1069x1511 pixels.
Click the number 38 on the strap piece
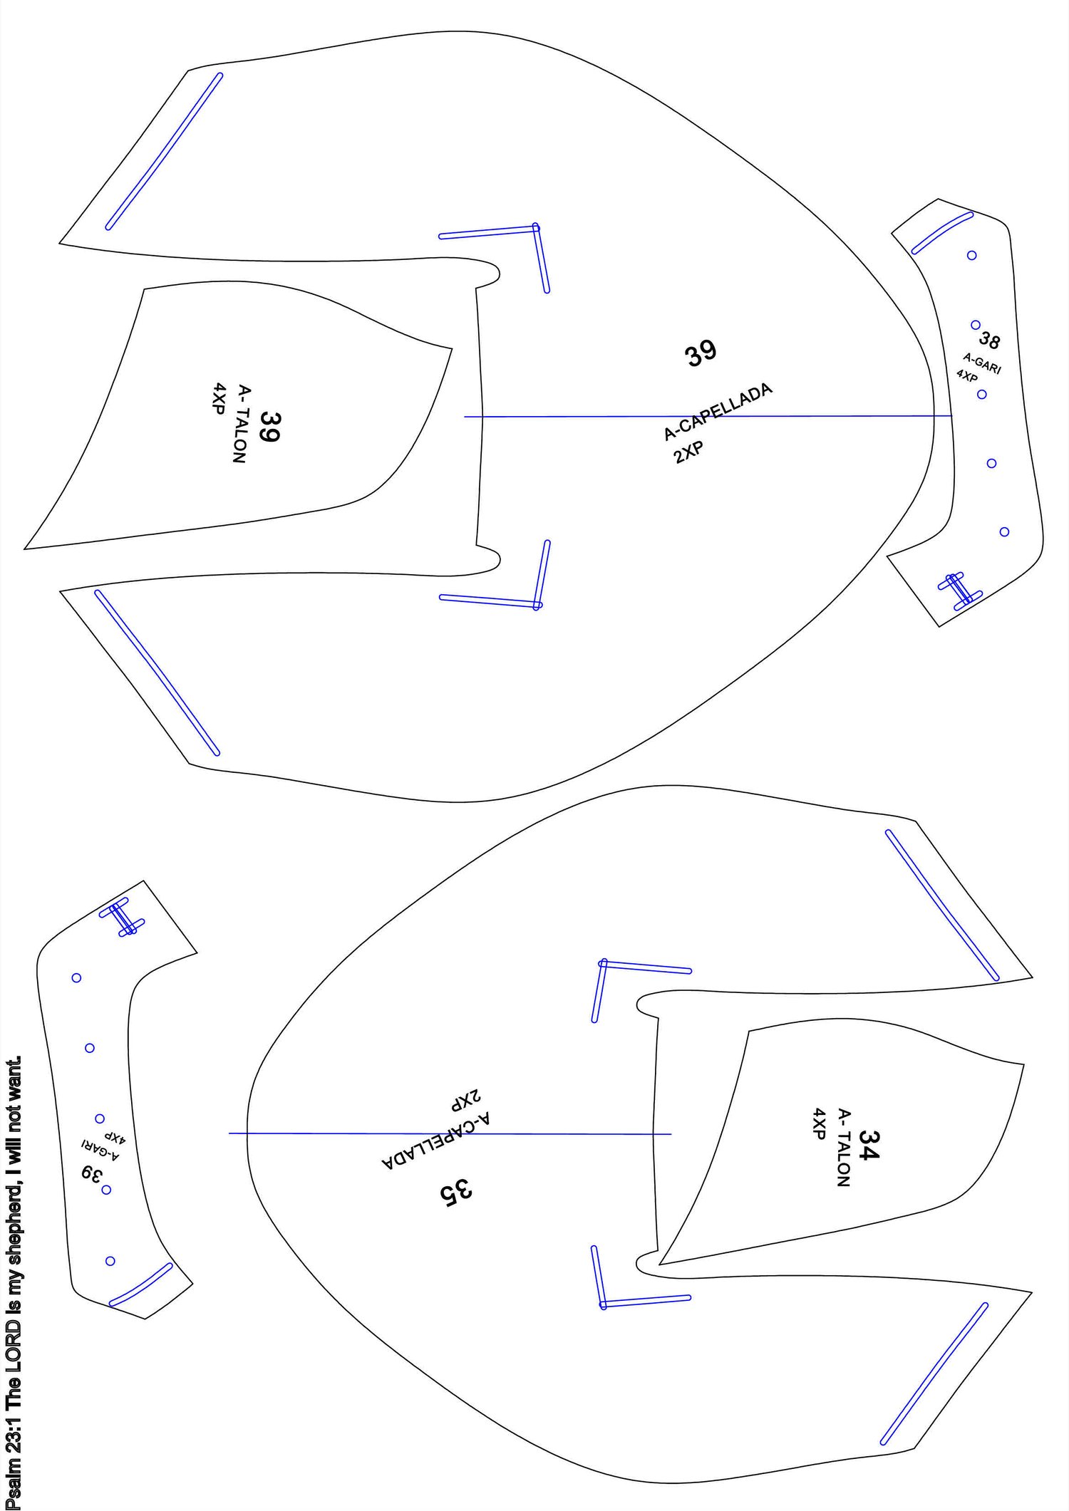click(989, 341)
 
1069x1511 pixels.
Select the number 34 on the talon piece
click(869, 1145)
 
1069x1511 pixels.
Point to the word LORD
click(14, 1345)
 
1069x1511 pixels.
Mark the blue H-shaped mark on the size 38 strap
click(960, 590)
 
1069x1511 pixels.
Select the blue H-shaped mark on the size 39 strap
click(122, 917)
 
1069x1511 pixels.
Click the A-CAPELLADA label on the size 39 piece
click(718, 412)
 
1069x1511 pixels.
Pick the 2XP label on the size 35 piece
click(466, 1100)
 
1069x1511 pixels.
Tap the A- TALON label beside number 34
click(844, 1148)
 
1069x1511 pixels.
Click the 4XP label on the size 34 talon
click(820, 1124)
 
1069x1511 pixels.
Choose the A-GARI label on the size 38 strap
click(982, 363)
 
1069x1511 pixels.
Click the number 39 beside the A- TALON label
click(269, 427)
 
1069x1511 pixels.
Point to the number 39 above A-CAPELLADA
click(701, 353)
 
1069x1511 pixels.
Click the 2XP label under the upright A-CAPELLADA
click(688, 452)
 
